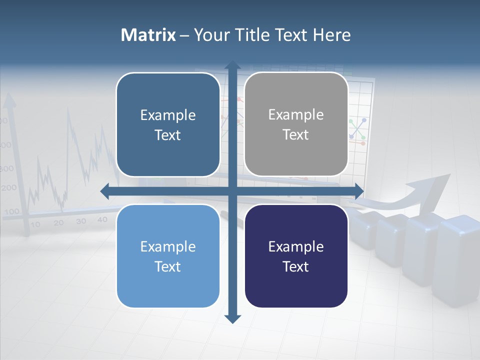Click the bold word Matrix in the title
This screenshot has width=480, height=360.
(x=148, y=35)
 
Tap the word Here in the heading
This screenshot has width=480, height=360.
(x=331, y=35)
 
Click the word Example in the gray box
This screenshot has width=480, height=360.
(x=296, y=115)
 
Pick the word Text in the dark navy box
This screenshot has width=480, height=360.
(x=295, y=267)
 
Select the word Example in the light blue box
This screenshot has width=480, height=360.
(x=168, y=247)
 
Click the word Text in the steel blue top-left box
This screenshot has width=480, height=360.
(x=167, y=135)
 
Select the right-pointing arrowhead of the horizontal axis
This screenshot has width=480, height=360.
(x=359, y=190)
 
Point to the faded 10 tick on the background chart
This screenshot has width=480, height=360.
(x=35, y=224)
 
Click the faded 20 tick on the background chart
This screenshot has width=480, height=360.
(x=58, y=223)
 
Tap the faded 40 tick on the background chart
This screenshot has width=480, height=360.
(x=102, y=219)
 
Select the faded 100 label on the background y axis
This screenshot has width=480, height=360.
(x=10, y=211)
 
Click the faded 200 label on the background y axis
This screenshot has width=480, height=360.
(x=9, y=188)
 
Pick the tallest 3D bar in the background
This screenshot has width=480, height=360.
(x=457, y=260)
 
